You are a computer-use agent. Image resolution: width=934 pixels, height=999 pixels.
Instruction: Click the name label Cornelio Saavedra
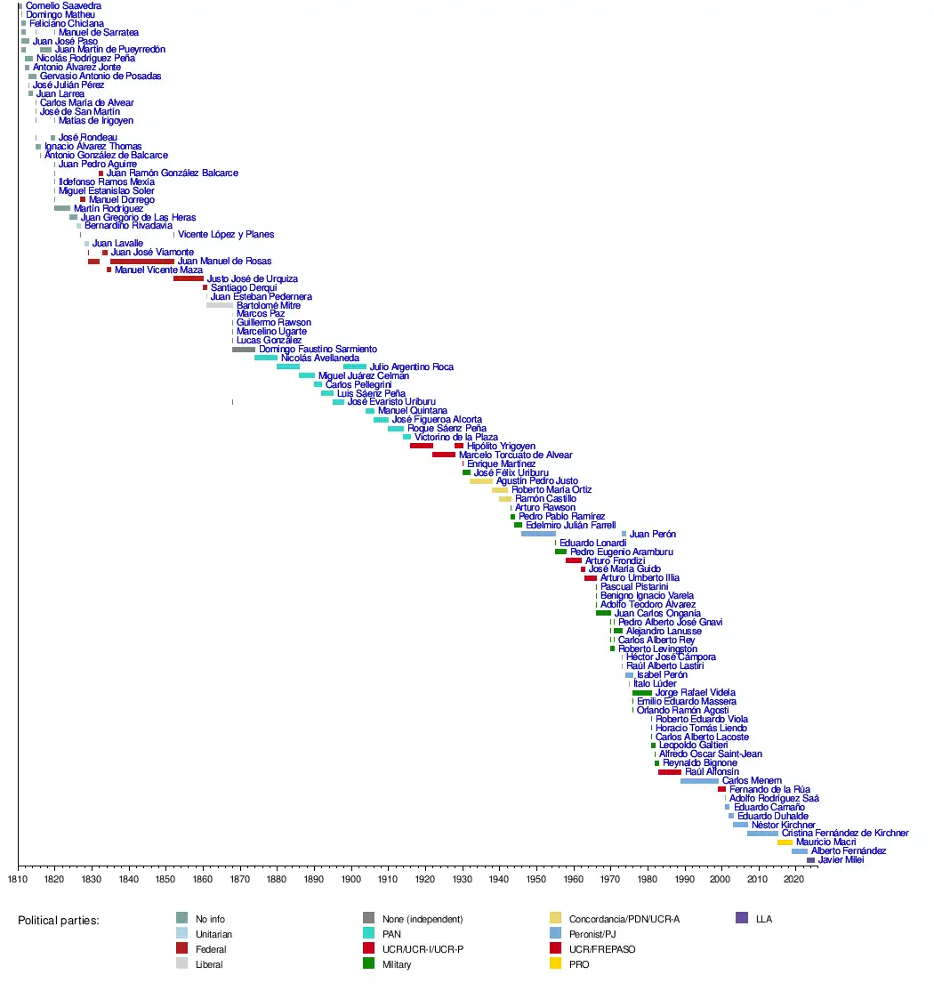(63, 6)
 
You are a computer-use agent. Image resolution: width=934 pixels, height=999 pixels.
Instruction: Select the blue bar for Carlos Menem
(699, 780)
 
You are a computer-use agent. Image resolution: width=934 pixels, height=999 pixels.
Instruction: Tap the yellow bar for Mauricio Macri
(785, 842)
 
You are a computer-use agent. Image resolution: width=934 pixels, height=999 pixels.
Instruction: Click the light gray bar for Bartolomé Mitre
(219, 305)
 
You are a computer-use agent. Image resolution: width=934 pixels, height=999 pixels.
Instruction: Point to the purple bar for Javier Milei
(810, 859)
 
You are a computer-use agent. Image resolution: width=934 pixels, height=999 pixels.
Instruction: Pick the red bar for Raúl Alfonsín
(670, 771)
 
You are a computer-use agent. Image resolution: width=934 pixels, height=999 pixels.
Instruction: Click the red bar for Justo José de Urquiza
(188, 278)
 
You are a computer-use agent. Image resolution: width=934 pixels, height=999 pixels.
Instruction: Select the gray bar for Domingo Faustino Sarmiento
(243, 350)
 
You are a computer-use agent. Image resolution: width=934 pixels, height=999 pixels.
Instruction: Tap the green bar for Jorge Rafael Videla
(641, 692)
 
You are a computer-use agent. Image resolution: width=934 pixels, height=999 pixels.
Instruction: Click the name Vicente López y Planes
(226, 235)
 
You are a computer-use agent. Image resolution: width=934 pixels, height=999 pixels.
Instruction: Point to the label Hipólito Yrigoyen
(501, 446)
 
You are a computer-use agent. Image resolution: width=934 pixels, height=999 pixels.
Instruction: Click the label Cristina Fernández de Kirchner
(845, 834)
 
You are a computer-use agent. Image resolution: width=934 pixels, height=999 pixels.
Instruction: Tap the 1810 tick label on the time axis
(18, 879)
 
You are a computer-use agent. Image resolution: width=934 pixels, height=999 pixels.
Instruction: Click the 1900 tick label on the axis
(350, 879)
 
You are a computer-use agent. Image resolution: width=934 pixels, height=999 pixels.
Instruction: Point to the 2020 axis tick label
(793, 879)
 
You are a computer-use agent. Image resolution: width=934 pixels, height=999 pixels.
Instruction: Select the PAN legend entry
(391, 934)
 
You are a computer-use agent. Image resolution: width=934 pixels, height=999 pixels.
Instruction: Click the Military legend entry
(397, 964)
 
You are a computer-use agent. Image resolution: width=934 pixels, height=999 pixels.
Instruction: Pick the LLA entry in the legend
(763, 919)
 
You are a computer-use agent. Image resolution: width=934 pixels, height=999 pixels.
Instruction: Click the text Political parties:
(59, 921)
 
